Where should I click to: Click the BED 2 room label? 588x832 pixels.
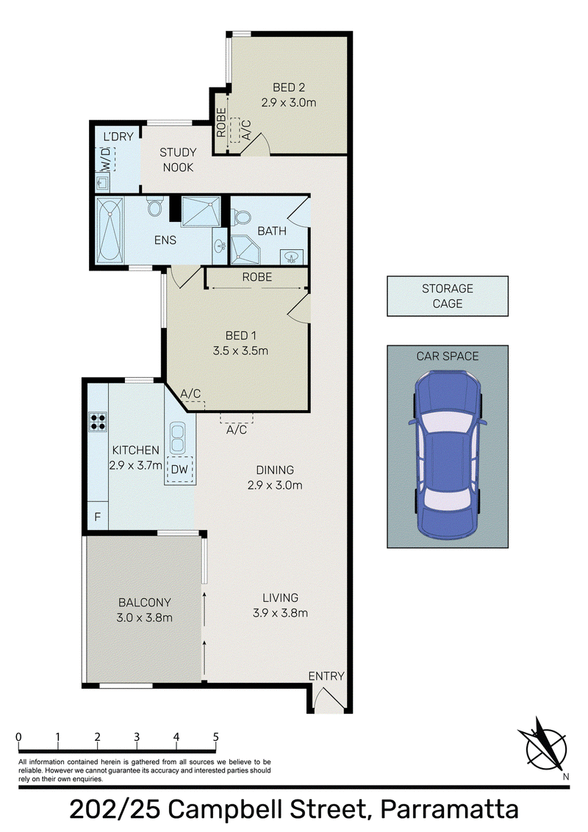(x=289, y=87)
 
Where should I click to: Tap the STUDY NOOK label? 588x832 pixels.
(x=178, y=159)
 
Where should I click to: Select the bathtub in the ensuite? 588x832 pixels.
(x=110, y=230)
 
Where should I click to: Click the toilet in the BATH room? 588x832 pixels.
(x=243, y=217)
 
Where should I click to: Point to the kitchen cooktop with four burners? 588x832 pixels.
(x=98, y=421)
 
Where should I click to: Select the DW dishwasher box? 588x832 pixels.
(x=179, y=470)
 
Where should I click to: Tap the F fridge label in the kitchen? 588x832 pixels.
(x=98, y=516)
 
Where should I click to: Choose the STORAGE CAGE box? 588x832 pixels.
(x=448, y=296)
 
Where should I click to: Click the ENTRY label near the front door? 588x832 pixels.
(x=326, y=676)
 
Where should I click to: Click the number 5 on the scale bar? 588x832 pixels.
(x=215, y=737)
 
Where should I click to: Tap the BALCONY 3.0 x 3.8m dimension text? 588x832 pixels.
(x=144, y=617)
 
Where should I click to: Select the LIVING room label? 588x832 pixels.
(x=280, y=598)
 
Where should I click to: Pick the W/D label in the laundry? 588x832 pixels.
(x=106, y=158)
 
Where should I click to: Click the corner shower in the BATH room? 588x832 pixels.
(x=243, y=250)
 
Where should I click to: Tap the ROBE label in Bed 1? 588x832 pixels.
(x=257, y=277)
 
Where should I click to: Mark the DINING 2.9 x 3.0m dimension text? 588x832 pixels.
(x=275, y=485)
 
